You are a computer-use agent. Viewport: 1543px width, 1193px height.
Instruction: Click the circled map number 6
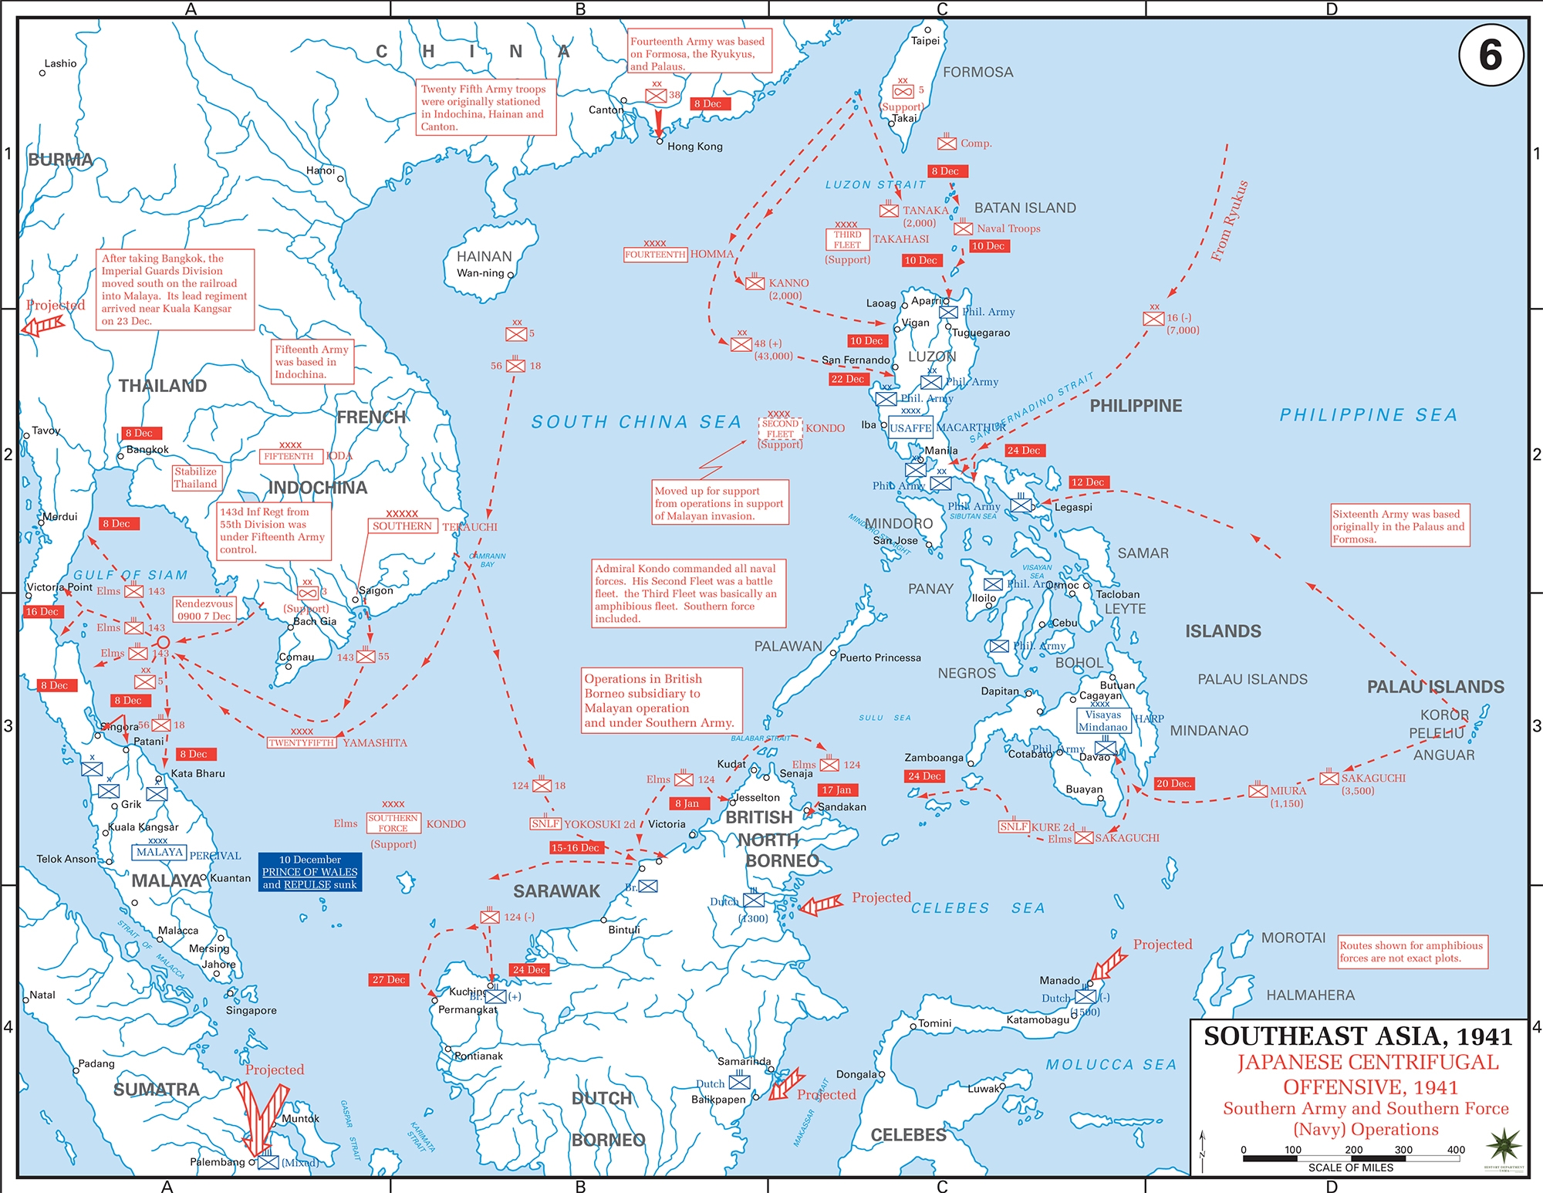1491,55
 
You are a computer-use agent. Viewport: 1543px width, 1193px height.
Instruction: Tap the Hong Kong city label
694,147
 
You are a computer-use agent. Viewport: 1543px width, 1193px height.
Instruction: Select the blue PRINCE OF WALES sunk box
310,872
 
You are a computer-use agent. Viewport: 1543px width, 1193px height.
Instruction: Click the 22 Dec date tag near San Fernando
847,379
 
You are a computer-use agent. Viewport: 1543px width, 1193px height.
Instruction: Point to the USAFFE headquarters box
910,428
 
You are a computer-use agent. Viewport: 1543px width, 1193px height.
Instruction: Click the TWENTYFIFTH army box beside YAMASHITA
301,743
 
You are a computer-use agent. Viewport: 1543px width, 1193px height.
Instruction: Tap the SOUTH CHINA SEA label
636,422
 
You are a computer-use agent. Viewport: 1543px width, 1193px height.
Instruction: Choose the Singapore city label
251,1010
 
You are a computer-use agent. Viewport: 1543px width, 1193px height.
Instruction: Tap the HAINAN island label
484,256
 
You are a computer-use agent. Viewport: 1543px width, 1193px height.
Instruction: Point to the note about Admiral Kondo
689,593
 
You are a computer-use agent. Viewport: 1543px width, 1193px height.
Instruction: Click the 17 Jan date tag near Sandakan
837,790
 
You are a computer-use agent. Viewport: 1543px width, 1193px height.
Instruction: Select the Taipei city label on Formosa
925,41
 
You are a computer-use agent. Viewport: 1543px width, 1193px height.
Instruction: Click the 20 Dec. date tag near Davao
1173,783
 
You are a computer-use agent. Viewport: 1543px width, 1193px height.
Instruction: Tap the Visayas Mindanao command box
1102,721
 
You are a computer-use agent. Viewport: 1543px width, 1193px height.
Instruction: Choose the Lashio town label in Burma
60,63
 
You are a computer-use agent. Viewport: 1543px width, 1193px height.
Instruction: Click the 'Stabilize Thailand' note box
196,478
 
